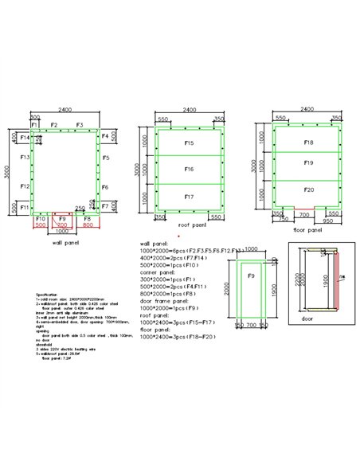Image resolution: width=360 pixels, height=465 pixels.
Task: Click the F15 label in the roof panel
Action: coord(189,143)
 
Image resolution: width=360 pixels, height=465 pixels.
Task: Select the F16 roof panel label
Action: coord(189,170)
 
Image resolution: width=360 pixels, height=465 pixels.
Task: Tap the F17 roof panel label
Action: coord(189,196)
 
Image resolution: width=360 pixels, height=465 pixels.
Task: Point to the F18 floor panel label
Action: coord(308,143)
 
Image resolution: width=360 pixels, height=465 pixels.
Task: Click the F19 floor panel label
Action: coord(308,162)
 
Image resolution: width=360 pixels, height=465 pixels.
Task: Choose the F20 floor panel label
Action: coord(308,190)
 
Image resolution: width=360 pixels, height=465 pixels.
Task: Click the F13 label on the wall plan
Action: coord(25,158)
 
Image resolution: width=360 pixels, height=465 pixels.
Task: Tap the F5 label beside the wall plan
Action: coord(105,158)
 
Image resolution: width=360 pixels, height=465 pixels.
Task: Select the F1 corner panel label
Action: coord(35,126)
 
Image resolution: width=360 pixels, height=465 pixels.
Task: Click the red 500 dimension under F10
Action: coord(41,225)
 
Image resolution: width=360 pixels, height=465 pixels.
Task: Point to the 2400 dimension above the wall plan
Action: coord(65,110)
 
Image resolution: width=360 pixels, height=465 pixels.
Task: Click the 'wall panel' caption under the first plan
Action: coord(65,242)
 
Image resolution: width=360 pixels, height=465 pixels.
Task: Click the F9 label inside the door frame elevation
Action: coord(250,276)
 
